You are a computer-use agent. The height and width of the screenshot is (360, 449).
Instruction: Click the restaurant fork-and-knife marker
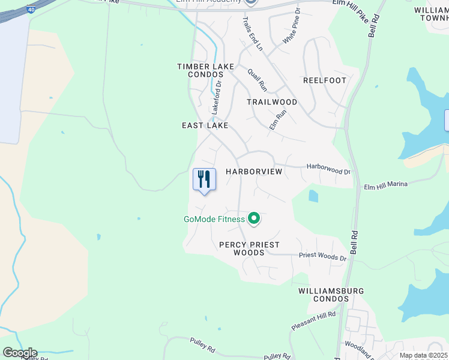[x=204, y=179]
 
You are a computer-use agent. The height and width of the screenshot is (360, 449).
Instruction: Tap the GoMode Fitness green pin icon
[x=254, y=218]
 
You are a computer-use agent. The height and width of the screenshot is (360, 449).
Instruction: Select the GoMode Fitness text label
[x=214, y=219]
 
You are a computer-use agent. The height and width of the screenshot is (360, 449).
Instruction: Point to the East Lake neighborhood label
[x=205, y=125]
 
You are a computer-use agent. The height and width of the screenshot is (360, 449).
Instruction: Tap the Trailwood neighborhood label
[x=272, y=102]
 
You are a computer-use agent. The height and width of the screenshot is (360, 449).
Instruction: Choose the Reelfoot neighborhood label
[x=325, y=80]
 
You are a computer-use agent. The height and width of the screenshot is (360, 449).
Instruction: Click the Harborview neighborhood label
[x=254, y=172]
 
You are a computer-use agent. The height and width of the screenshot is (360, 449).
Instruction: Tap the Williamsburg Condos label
[x=331, y=295]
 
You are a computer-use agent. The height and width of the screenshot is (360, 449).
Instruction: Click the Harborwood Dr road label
[x=328, y=169]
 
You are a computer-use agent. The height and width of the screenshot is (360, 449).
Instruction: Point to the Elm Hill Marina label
[x=386, y=185]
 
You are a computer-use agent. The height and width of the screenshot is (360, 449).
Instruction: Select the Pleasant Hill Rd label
[x=313, y=321]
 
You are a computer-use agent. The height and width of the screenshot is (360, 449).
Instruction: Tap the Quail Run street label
[x=258, y=79]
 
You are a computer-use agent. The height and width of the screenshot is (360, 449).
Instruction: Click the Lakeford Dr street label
[x=216, y=98]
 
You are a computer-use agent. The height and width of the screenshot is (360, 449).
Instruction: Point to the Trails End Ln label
[x=253, y=33]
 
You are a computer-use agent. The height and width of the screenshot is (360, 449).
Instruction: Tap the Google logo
[x=20, y=353]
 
